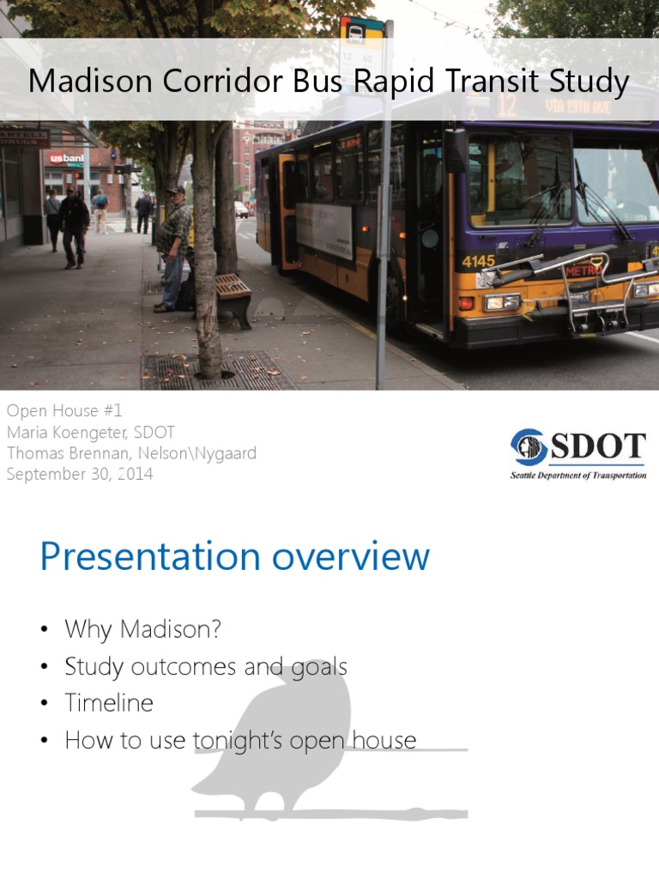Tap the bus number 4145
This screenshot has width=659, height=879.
click(478, 261)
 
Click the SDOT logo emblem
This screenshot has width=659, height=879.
click(528, 447)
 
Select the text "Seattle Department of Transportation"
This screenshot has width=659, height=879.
click(577, 475)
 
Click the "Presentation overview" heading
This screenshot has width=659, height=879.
click(234, 556)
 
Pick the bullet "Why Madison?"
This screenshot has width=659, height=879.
click(142, 629)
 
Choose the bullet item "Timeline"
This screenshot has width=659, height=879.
click(109, 703)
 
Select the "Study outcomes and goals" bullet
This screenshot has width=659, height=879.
click(206, 666)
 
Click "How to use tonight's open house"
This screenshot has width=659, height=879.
click(240, 740)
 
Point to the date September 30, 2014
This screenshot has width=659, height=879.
click(80, 474)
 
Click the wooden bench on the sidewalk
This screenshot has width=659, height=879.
click(233, 297)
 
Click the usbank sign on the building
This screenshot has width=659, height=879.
click(66, 158)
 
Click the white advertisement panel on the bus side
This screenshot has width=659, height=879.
click(325, 230)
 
